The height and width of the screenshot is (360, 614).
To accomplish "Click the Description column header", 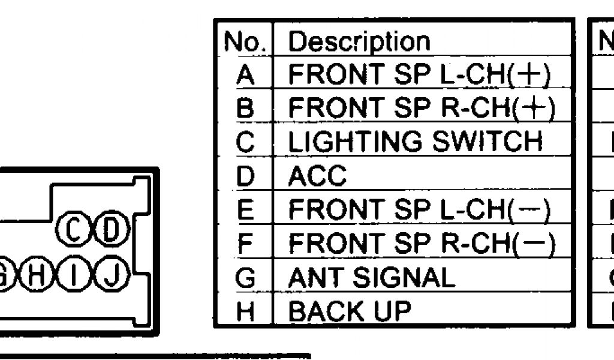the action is (x=359, y=41).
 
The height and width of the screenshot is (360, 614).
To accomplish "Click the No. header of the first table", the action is (x=245, y=41).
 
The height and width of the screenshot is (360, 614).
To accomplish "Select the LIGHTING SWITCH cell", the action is (x=415, y=142).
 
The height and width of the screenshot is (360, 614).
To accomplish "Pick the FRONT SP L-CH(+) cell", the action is (x=419, y=74).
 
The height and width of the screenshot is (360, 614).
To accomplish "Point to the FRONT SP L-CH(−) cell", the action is (x=419, y=209).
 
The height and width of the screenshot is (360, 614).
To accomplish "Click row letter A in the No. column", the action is (x=245, y=75).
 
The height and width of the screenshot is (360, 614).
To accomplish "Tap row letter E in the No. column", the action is (x=245, y=210).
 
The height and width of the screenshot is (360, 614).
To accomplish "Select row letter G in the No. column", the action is (x=245, y=278).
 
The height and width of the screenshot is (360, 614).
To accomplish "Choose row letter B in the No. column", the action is (x=245, y=109).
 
